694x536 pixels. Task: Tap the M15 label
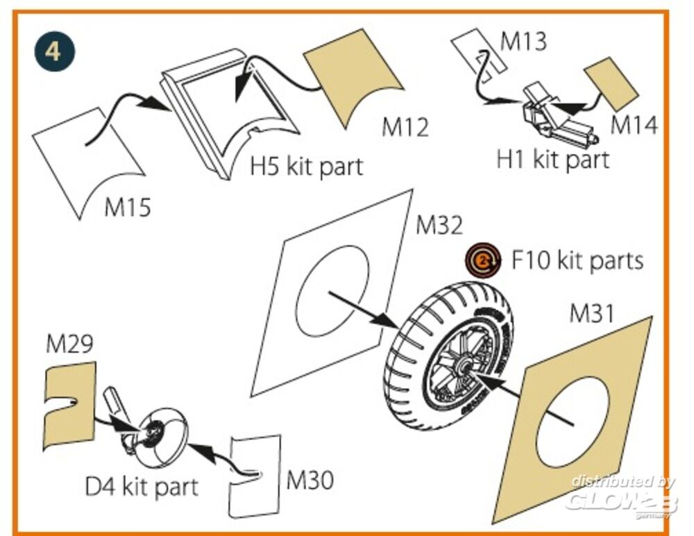point(127,206)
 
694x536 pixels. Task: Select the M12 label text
point(405,127)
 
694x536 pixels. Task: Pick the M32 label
point(439,226)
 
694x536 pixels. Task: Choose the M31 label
point(592,315)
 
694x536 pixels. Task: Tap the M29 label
point(69,344)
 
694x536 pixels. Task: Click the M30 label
point(310,479)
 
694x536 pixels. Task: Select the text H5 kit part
point(307,167)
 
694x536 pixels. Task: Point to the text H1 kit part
point(552,159)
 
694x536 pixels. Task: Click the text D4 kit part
point(142,486)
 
